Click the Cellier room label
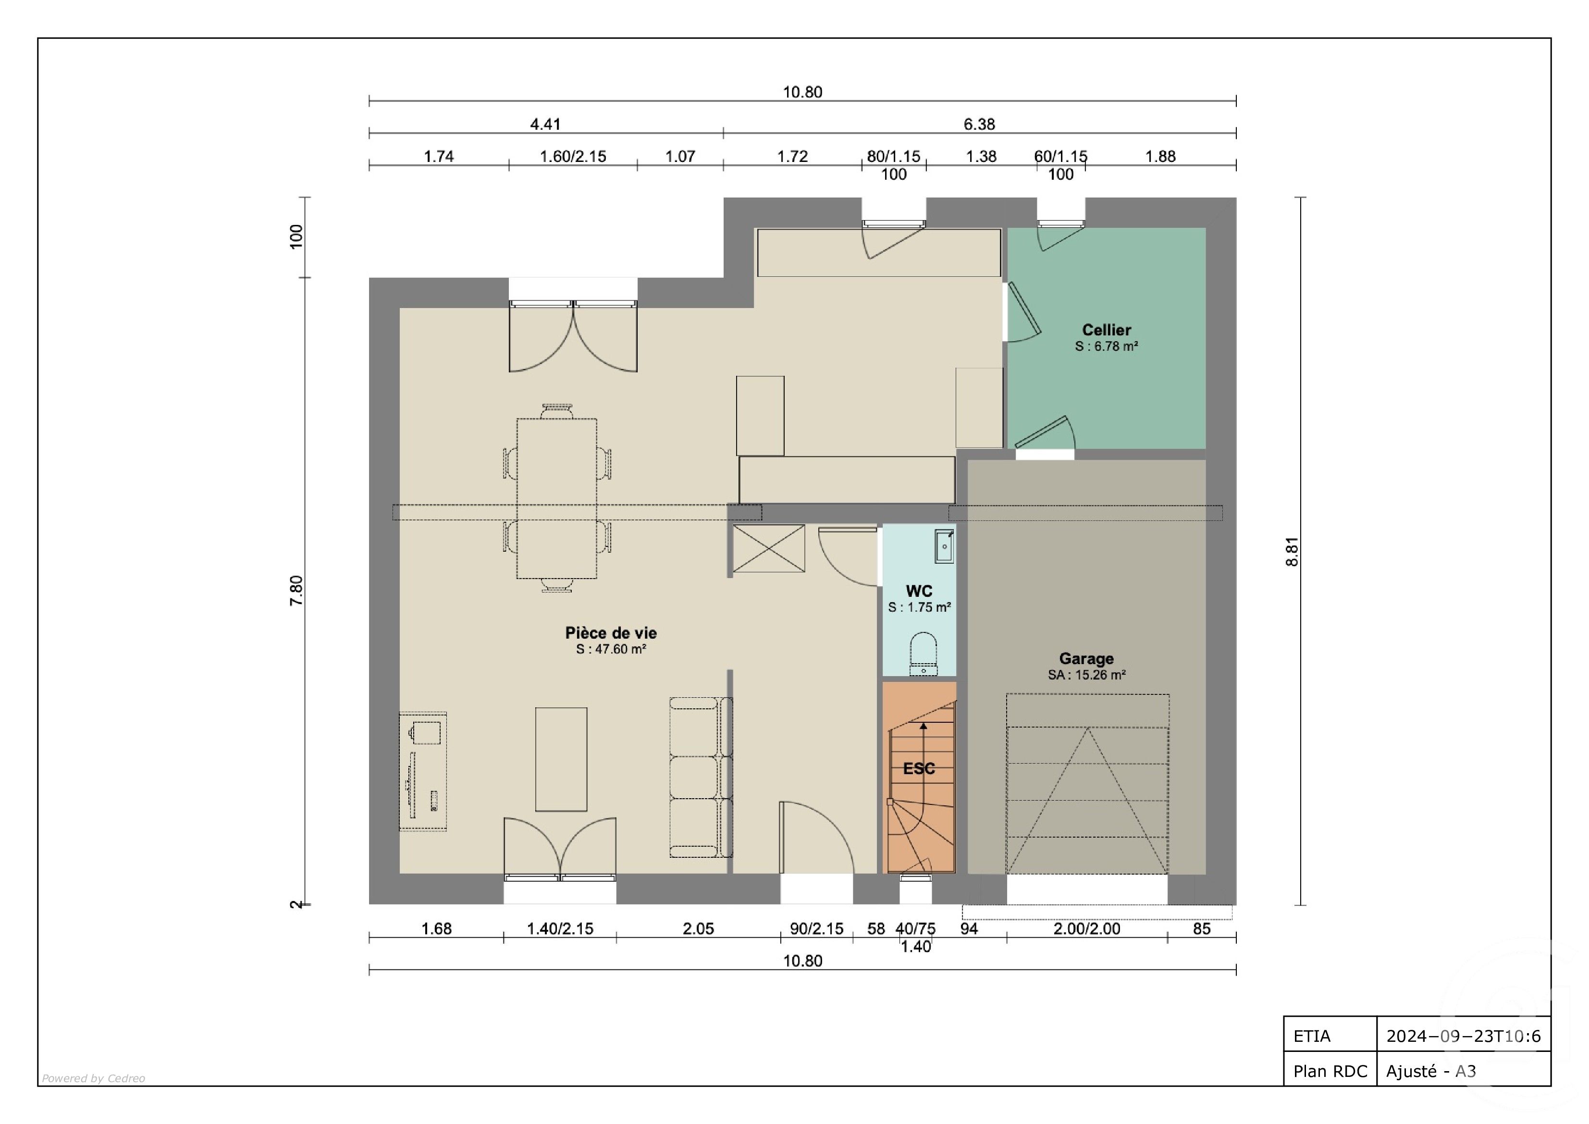1106,330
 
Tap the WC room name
919,591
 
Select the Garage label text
1086,658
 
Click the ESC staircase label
919,768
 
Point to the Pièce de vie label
611,632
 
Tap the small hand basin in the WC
944,545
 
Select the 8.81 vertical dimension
1292,552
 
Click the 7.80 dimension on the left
296,591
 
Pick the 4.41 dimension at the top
545,124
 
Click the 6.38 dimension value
979,124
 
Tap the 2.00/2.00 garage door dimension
1086,929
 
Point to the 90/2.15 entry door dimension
817,929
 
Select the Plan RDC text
1330,1072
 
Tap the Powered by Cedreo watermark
93,1078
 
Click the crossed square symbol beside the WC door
769,548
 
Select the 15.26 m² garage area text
1086,675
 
